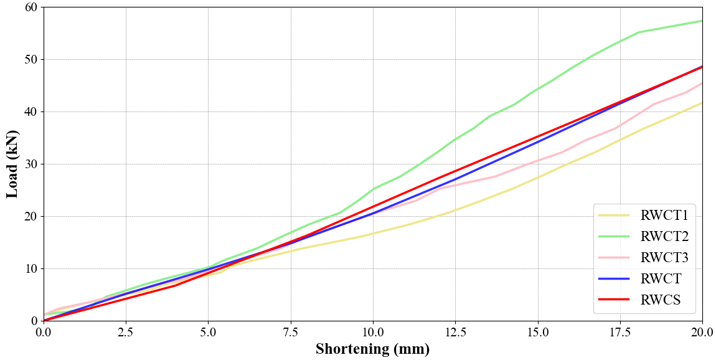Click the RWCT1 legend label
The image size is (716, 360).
coord(664,216)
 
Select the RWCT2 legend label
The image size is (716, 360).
coord(664,237)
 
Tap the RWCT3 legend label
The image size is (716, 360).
coord(664,258)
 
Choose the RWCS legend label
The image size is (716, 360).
coord(660,300)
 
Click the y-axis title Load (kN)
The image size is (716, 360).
coord(12,164)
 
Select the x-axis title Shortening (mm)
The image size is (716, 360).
coord(372,349)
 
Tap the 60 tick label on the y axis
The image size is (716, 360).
coord(31,7)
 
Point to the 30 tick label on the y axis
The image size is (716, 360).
coord(31,164)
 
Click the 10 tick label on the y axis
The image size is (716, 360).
coord(31,268)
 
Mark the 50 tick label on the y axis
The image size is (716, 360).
coord(31,60)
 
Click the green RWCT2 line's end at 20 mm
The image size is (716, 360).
coord(702,21)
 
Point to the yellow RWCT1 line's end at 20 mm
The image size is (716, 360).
coord(702,103)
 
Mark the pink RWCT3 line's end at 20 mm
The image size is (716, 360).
coord(702,83)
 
